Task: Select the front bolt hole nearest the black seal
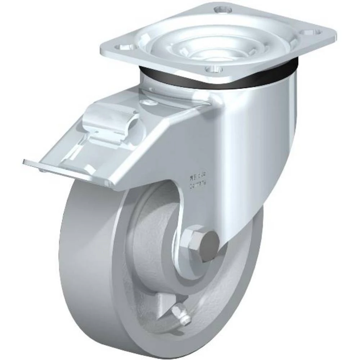tap(211, 68)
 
